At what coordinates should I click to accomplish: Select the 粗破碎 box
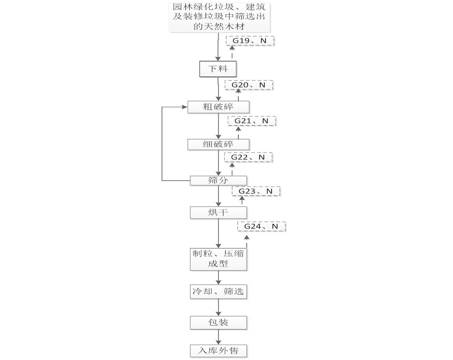pos(219,107)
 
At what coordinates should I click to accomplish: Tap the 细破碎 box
pos(219,144)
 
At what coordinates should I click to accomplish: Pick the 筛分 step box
pos(219,181)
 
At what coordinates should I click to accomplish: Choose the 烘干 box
pos(219,212)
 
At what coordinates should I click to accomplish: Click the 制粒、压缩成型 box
pos(219,259)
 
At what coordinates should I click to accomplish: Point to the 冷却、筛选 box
pos(219,292)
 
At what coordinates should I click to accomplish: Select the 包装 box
pos(219,323)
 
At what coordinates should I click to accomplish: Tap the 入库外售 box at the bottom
pos(219,351)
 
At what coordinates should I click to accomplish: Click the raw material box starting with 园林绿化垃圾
pos(221,17)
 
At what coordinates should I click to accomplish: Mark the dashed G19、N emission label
pos(250,41)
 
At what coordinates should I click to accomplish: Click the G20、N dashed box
pos(249,85)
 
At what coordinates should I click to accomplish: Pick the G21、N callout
pos(252,121)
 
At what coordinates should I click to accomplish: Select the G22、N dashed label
pos(248,157)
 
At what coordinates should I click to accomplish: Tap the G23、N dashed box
pos(255,191)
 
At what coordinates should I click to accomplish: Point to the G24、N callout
pos(261,226)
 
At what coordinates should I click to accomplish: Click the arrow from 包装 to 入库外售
pos(219,337)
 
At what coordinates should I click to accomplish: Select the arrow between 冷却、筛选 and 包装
pos(219,307)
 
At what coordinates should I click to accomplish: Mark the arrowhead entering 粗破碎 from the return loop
pos(185,107)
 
